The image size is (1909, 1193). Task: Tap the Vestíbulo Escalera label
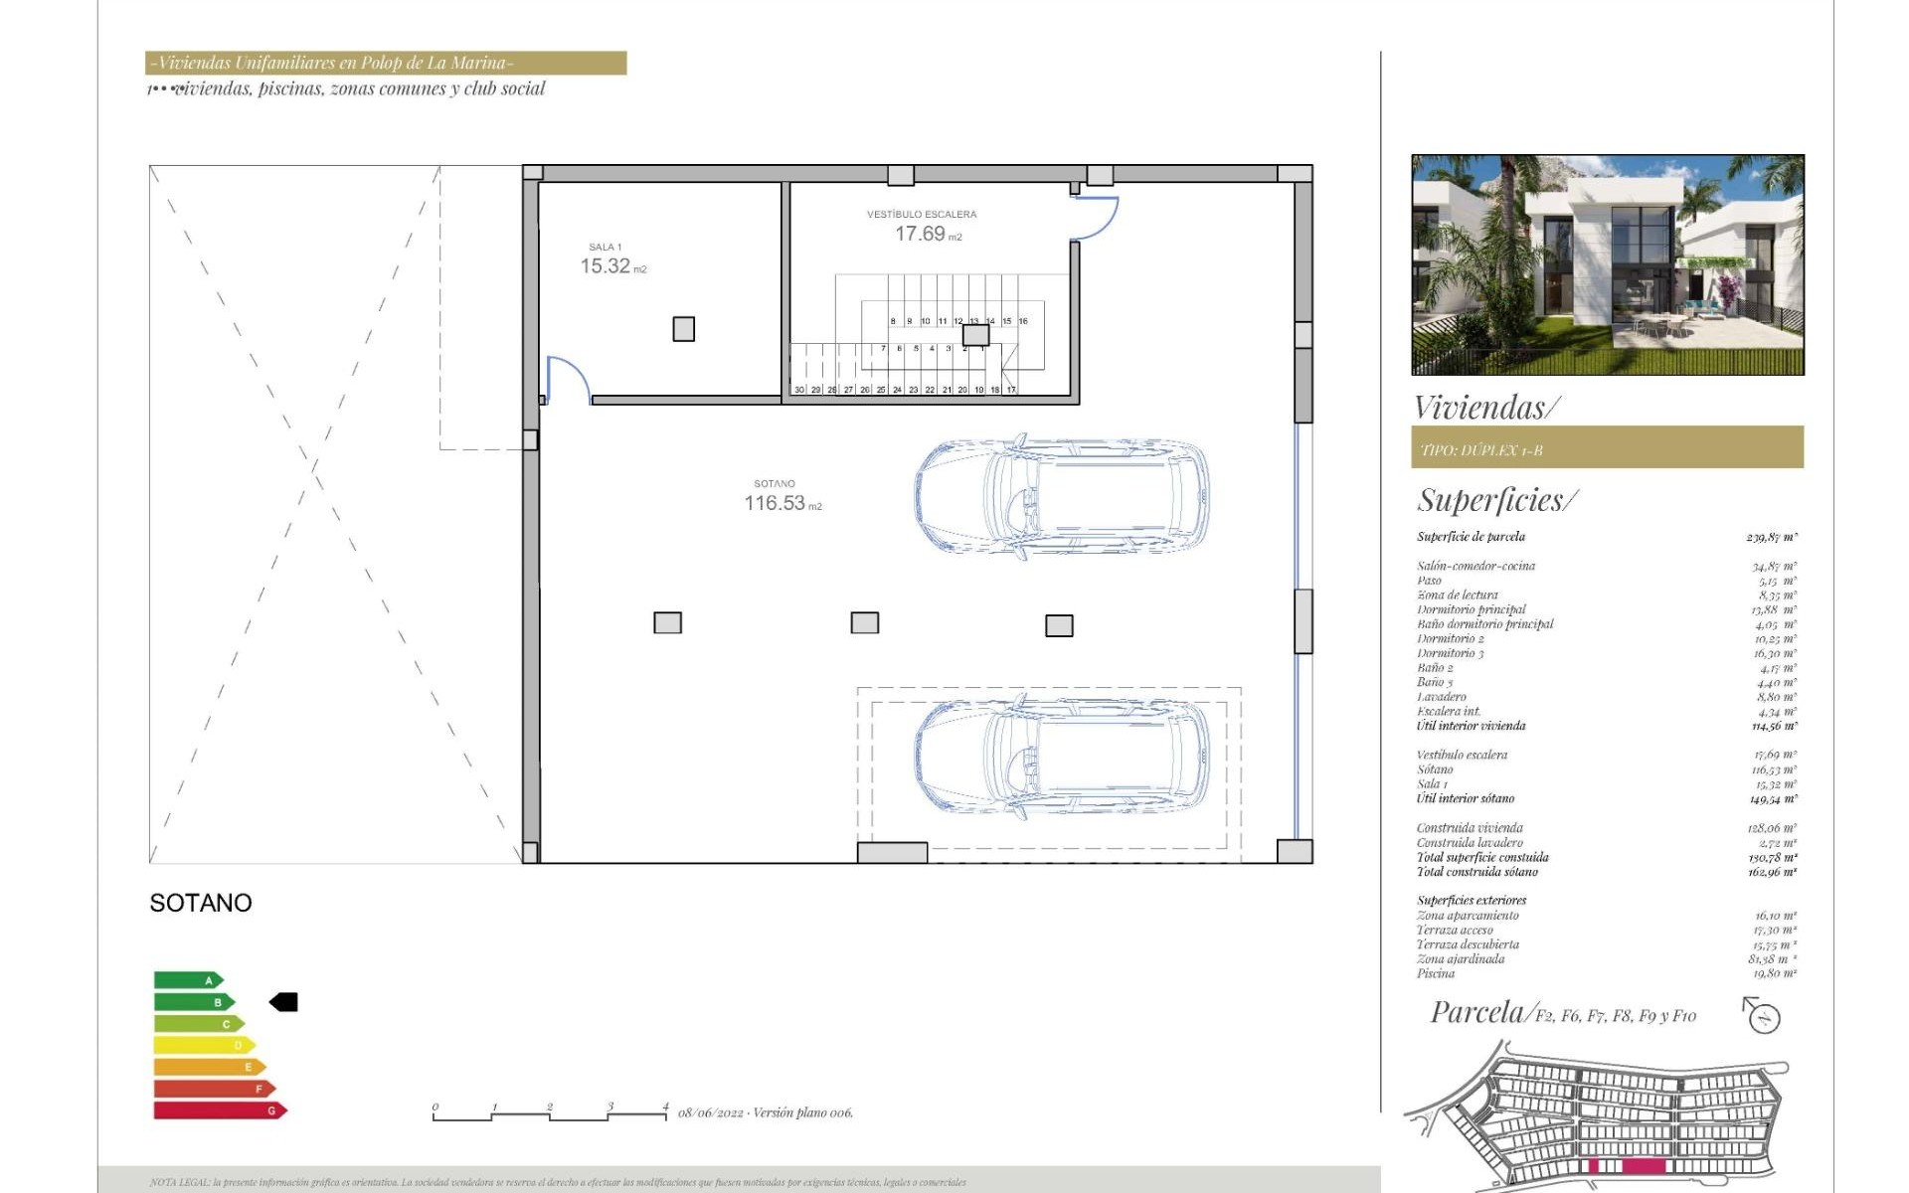pyautogui.click(x=921, y=214)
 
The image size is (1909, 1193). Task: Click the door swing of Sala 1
pyautogui.click(x=570, y=377)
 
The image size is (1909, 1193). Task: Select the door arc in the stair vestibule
pyautogui.click(x=1098, y=219)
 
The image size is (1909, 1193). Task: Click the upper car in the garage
pyautogui.click(x=1061, y=495)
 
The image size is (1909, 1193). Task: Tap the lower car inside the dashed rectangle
pyautogui.click(x=1061, y=757)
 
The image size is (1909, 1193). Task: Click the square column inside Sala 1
pyautogui.click(x=683, y=328)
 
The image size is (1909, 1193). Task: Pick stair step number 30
pyautogui.click(x=799, y=390)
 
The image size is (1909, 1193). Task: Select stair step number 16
pyautogui.click(x=1022, y=321)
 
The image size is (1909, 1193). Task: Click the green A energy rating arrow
pyautogui.click(x=188, y=980)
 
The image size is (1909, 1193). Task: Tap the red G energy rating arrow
pyautogui.click(x=220, y=1110)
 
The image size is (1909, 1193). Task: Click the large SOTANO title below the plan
pyautogui.click(x=201, y=903)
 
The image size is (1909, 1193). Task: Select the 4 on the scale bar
pyautogui.click(x=665, y=1107)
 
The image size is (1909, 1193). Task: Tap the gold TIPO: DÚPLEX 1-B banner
pyautogui.click(x=1607, y=447)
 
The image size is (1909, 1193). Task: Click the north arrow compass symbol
pyautogui.click(x=1763, y=1016)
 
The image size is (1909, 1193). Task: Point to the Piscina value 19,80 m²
pyautogui.click(x=1774, y=973)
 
